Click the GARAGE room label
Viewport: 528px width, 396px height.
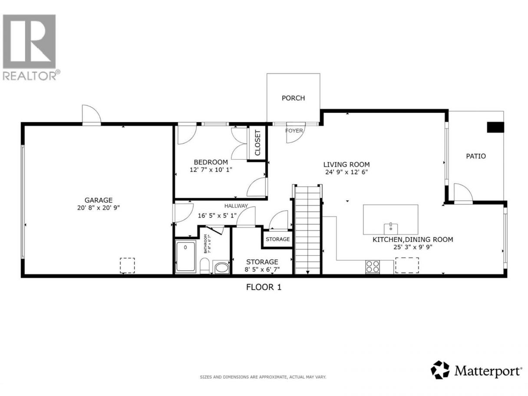click(x=99, y=200)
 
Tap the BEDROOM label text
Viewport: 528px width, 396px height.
click(x=211, y=162)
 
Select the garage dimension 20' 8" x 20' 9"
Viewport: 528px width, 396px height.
click(x=99, y=208)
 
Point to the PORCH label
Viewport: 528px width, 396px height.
click(x=293, y=98)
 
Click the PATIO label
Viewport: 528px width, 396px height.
click(x=476, y=156)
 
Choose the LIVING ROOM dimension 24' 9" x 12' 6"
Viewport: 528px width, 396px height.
click(x=346, y=172)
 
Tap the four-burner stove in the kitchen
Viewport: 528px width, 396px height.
click(x=373, y=267)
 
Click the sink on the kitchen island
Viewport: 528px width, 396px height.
click(x=391, y=229)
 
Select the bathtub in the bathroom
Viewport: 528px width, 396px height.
click(x=186, y=257)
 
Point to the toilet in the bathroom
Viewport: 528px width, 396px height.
click(x=205, y=266)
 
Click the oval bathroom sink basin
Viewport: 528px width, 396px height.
click(x=221, y=268)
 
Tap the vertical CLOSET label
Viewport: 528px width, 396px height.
click(x=257, y=143)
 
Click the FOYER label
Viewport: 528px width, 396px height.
click(x=294, y=131)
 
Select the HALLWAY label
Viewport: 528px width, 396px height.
click(x=236, y=206)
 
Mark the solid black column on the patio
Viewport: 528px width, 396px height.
click(x=495, y=127)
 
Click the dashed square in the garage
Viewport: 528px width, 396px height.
click(x=127, y=265)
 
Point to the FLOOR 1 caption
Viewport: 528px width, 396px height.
click(x=264, y=287)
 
